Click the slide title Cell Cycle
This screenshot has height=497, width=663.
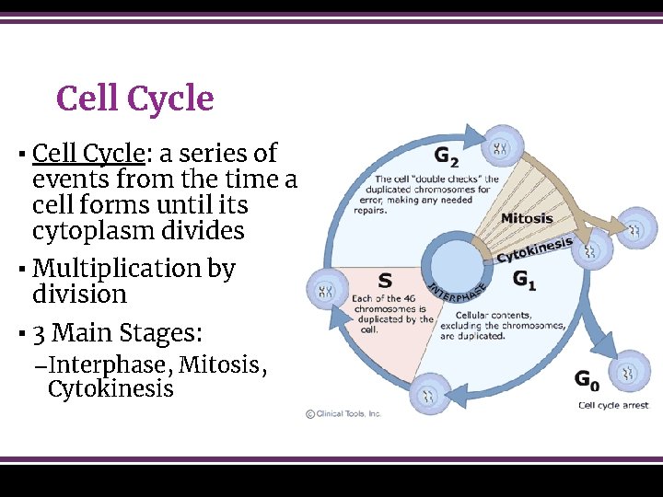pos(134,99)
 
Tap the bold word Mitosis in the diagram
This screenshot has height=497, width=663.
pos(527,219)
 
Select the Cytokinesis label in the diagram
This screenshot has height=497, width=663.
pos(535,248)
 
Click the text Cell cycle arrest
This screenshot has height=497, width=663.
pos(612,405)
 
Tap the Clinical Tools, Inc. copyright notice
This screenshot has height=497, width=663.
pos(343,414)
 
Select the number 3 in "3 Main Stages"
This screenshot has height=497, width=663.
pos(40,332)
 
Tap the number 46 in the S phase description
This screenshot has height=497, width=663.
pos(413,298)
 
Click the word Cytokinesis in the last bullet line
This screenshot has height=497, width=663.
pos(110,389)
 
